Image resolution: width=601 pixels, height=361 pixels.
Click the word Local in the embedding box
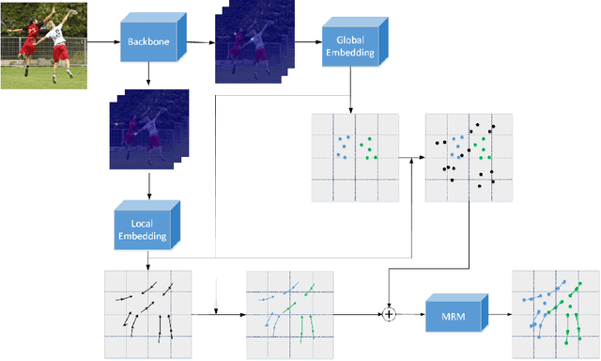point(142,223)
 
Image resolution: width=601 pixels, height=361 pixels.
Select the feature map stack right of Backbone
point(251,46)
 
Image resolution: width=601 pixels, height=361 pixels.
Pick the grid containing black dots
point(469,158)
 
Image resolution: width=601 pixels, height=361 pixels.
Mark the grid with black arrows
point(147,314)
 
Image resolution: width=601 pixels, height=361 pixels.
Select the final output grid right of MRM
point(554,314)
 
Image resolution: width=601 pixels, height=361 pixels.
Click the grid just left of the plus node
point(288,314)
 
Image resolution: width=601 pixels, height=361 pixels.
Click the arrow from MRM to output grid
point(500,313)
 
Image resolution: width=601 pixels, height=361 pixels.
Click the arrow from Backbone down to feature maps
point(147,75)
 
